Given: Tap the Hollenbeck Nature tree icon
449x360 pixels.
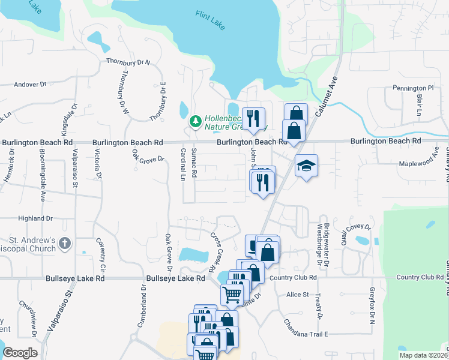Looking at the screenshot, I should point(195,121).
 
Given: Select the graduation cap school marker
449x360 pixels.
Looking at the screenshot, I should point(306,166).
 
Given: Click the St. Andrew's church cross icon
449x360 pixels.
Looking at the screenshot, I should point(65,244).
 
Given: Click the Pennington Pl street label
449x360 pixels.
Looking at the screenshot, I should point(413,88).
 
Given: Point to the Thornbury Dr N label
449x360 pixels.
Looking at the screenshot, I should point(128,62).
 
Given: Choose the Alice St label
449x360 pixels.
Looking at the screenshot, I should point(297,295).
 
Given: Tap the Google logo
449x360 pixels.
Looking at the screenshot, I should point(20,353).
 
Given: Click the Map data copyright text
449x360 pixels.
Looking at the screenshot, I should point(423,355).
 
